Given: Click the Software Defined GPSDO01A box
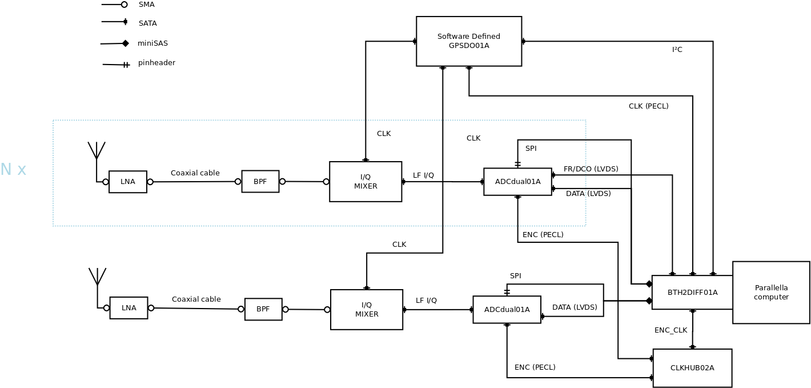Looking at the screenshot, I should click(x=468, y=41).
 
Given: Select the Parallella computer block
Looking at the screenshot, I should click(x=770, y=293).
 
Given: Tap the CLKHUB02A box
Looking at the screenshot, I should click(x=692, y=368).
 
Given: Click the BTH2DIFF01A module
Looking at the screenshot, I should click(x=692, y=293).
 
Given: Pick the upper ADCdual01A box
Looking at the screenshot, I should click(x=517, y=182).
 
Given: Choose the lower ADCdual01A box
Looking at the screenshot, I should click(x=507, y=310).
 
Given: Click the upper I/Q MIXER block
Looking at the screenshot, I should click(x=366, y=182).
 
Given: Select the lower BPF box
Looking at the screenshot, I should click(x=263, y=309).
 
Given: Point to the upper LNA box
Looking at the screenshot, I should click(x=128, y=182).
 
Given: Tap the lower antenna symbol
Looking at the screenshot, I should click(x=98, y=277).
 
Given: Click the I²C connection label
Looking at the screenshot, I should click(x=677, y=50).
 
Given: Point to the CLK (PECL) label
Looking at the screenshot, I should click(x=648, y=106).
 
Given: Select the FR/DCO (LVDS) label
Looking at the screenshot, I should click(x=591, y=169).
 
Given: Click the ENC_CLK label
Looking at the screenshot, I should click(x=671, y=330).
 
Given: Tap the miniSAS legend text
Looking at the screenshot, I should click(x=152, y=43).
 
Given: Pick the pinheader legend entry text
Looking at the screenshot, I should click(x=156, y=63).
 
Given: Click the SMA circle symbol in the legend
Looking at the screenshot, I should click(x=124, y=5).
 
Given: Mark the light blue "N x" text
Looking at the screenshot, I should click(x=13, y=170).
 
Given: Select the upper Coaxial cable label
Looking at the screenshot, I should click(x=195, y=173).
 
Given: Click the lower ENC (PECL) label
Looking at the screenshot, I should click(x=535, y=367).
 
